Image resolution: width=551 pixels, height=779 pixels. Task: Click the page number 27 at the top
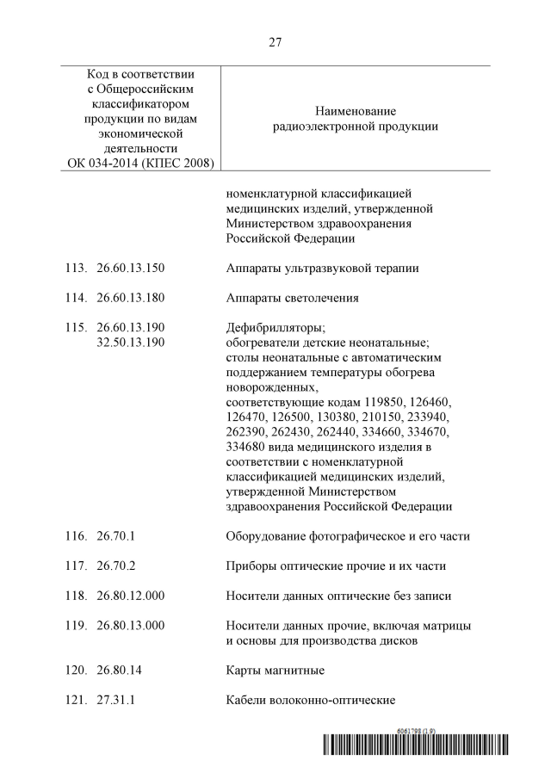[x=275, y=41]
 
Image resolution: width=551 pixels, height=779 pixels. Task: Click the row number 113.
[x=77, y=269]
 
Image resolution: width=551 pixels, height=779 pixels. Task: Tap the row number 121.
[x=77, y=699]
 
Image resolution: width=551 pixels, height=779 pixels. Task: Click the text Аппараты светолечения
[x=292, y=298]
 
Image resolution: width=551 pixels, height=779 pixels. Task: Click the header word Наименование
[x=356, y=112]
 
